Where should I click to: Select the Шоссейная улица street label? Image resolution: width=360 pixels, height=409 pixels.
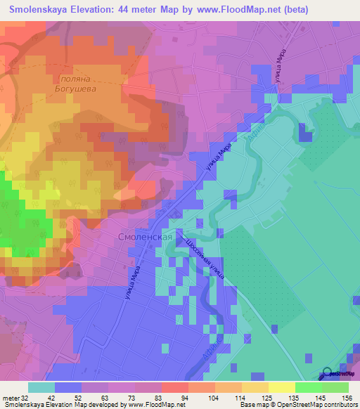(x=205, y=259)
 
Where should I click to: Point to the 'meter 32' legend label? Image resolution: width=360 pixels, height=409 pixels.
(x=15, y=397)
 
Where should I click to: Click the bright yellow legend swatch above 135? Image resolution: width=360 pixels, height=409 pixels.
(x=282, y=387)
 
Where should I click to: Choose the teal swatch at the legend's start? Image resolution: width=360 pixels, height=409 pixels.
(x=41, y=387)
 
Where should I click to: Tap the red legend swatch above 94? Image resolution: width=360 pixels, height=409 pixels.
(x=175, y=387)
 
